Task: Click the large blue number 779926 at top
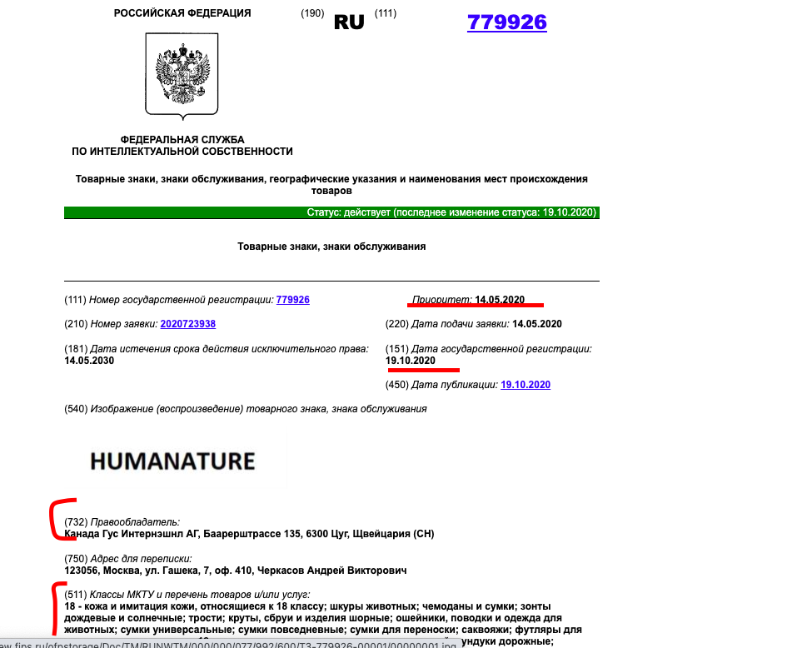[506, 22]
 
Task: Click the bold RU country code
[349, 22]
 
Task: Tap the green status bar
[331, 212]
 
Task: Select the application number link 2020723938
[187, 324]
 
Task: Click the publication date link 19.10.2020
[525, 385]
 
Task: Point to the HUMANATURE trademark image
[172, 461]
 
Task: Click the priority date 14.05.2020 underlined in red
[500, 300]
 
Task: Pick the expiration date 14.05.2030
[89, 361]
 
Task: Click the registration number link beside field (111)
[292, 300]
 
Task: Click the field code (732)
[76, 522]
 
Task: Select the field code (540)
[76, 409]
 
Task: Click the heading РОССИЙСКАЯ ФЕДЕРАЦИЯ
[182, 13]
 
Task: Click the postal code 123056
[82, 571]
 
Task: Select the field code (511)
[76, 595]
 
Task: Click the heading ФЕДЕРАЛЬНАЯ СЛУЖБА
[182, 139]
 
